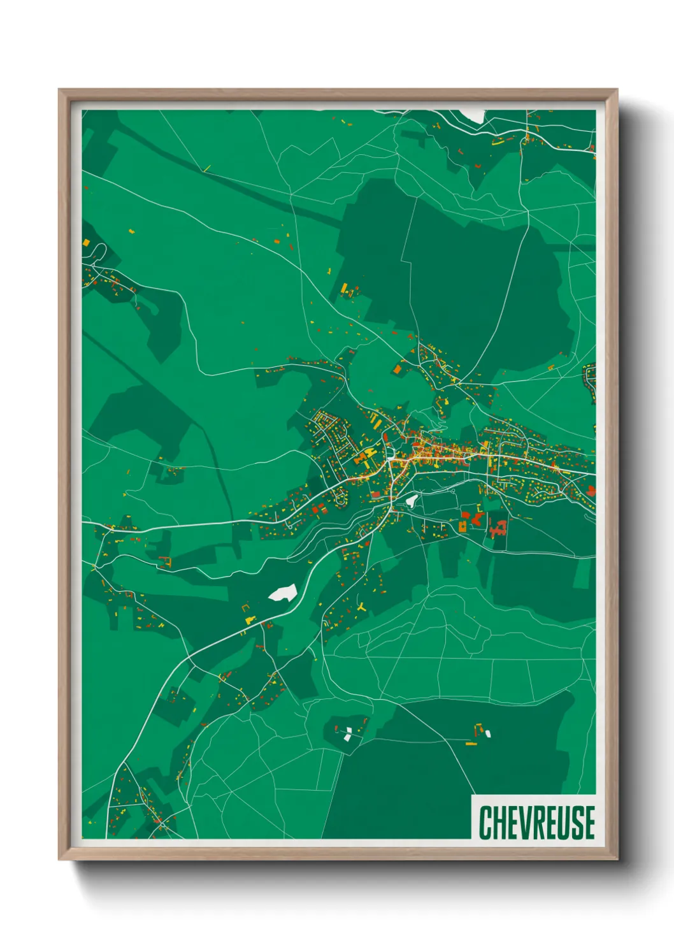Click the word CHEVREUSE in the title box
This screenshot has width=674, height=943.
[x=536, y=823]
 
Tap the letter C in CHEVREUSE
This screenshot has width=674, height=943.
[x=485, y=823]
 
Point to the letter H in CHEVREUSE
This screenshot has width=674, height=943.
[x=498, y=823]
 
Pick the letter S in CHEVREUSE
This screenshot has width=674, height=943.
[x=575, y=823]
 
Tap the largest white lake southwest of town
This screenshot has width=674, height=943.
[x=283, y=593]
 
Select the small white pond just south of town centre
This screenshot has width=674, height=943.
[x=412, y=501]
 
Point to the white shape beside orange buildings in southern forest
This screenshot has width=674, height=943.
[x=488, y=733]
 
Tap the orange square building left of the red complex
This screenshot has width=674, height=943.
[x=462, y=526]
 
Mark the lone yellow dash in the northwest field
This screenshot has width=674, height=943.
[x=206, y=168]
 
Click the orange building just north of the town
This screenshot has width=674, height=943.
[x=397, y=369]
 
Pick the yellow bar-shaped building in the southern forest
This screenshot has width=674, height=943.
[x=471, y=744]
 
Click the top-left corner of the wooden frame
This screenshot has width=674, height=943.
[x=59, y=90]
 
